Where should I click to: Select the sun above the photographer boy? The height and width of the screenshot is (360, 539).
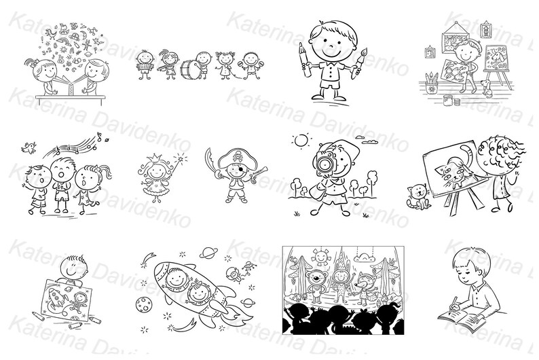(300, 141)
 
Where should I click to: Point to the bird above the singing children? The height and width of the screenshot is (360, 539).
(29, 145)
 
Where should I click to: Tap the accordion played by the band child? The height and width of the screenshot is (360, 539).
(145, 69)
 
